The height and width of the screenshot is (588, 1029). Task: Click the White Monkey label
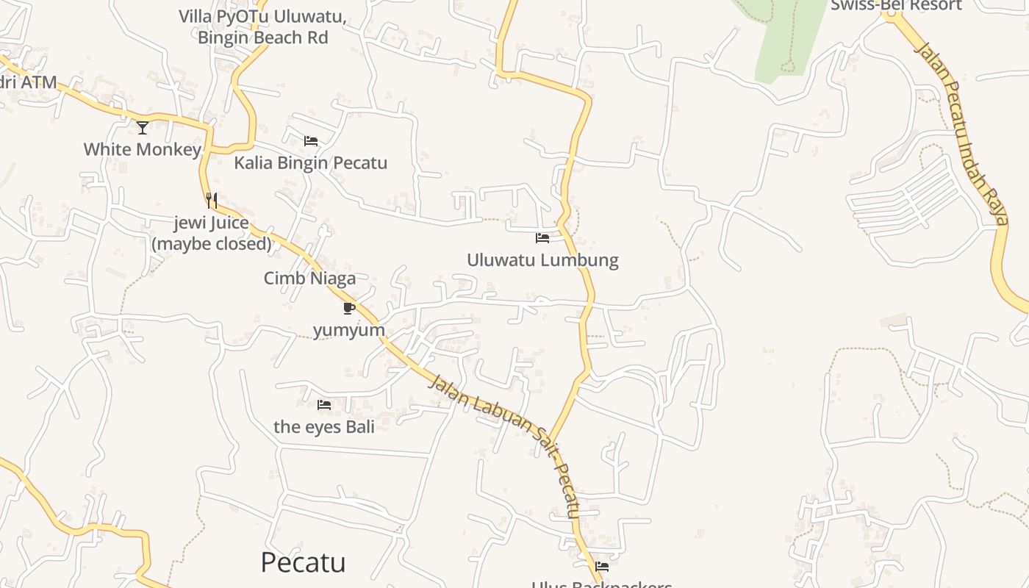[x=142, y=149]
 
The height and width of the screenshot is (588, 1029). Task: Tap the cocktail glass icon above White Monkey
[x=143, y=128]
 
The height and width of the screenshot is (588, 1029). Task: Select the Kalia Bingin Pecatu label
[x=310, y=162]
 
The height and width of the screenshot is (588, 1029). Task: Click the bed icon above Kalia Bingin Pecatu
[x=311, y=141]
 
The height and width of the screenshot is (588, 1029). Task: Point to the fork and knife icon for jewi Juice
[x=211, y=200]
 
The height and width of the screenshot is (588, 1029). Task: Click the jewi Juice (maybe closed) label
[x=212, y=233]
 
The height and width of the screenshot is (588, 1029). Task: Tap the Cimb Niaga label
[x=309, y=278]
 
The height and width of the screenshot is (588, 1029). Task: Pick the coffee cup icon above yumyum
[x=349, y=308]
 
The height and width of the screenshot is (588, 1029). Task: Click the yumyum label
[x=349, y=330]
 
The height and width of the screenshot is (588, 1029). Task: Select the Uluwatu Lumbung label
[x=542, y=259]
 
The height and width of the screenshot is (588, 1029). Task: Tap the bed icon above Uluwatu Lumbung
[x=542, y=238]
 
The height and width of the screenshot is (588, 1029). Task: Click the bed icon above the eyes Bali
[x=324, y=405]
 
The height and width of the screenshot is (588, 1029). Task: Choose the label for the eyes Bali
[x=324, y=426]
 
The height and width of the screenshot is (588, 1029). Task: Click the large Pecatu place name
[x=303, y=562]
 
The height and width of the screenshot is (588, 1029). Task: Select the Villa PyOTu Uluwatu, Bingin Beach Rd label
[x=262, y=26]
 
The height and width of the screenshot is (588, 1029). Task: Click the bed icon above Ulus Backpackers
[x=602, y=567]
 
